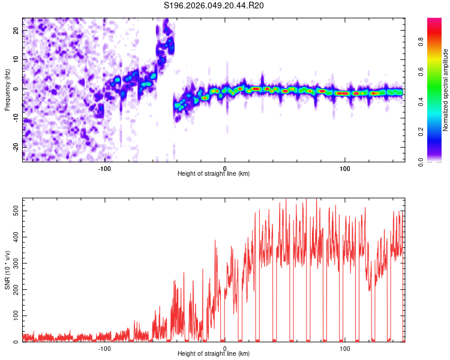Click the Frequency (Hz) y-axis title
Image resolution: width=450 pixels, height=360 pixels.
coord(7,89)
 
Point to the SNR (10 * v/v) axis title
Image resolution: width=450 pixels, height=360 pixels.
coord(7,270)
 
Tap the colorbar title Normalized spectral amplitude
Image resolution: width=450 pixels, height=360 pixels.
coord(446,91)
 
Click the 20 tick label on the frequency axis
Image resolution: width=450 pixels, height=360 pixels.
coord(17,31)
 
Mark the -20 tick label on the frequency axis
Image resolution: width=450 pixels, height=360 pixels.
coord(16,147)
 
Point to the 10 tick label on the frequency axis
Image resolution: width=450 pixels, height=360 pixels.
coord(17,60)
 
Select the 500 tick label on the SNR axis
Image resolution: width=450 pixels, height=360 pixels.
coord(13,211)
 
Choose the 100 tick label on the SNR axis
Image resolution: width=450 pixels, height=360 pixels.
coord(13,316)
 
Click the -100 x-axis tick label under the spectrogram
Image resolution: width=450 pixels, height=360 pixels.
coord(104,168)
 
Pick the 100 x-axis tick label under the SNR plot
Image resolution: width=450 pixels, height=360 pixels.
coord(345,348)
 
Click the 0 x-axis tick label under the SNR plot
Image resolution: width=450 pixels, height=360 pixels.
coord(225,348)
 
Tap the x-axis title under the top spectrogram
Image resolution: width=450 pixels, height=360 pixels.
coord(214,174)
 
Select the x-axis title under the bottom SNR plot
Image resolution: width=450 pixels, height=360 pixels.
coord(214,354)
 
